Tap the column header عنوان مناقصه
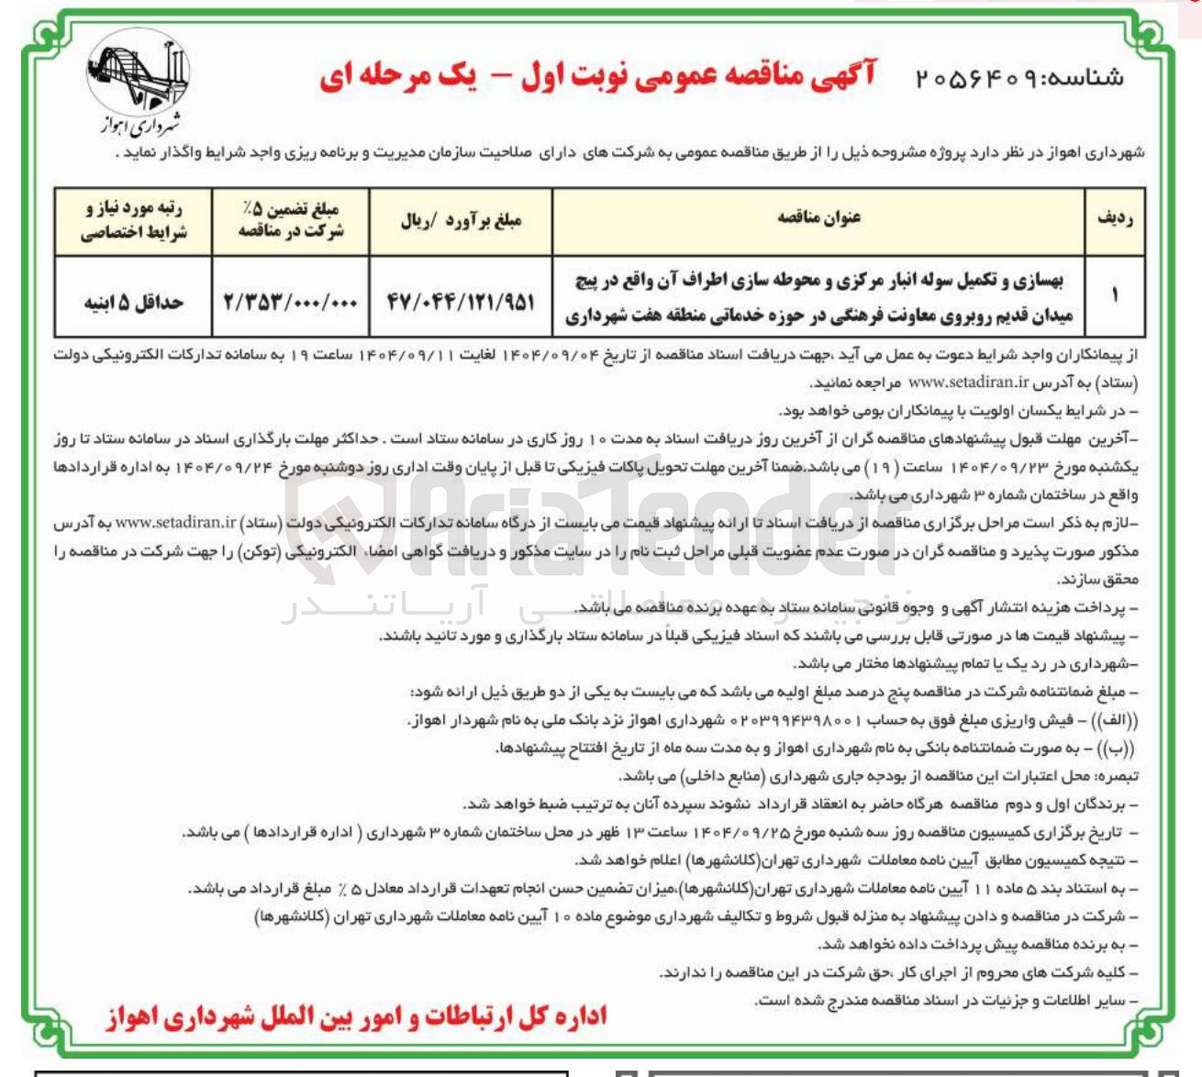click(x=818, y=218)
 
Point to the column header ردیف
click(x=1115, y=218)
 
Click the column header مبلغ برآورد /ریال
click(x=461, y=220)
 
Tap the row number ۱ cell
click(x=1115, y=295)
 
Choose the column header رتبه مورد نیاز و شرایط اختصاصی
click(x=134, y=220)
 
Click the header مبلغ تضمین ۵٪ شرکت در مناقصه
click(x=290, y=220)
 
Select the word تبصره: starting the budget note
click(x=1114, y=777)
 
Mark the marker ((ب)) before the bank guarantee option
click(x=1112, y=749)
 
